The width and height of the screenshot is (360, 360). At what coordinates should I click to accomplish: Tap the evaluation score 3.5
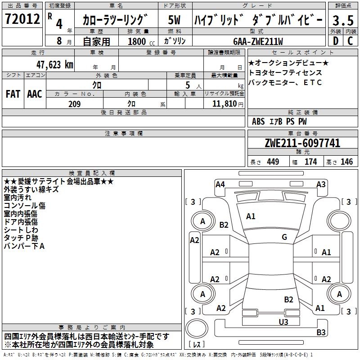(x=342, y=20)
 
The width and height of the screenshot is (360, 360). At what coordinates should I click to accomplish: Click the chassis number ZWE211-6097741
(x=302, y=144)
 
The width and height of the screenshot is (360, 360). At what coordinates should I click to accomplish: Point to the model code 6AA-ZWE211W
(x=258, y=41)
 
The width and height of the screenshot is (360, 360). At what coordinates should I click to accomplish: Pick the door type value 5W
(x=175, y=20)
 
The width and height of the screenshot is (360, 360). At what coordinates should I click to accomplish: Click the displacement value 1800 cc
(x=140, y=41)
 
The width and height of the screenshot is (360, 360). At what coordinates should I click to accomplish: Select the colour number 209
(x=75, y=104)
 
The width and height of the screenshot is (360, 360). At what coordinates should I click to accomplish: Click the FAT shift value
(x=13, y=94)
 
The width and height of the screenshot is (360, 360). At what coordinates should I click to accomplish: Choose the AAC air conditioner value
(x=35, y=94)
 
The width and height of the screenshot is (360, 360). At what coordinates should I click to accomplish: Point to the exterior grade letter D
(x=335, y=41)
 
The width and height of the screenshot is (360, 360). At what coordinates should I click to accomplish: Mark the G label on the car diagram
(x=284, y=237)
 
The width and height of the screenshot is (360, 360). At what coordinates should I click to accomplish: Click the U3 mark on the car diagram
(x=283, y=322)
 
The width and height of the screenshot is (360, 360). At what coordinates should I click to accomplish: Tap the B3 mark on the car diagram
(x=321, y=333)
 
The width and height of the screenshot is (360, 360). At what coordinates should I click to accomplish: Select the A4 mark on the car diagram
(x=220, y=184)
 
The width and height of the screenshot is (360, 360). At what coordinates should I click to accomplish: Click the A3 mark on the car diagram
(x=321, y=184)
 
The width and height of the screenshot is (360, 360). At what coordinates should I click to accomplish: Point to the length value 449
(x=273, y=162)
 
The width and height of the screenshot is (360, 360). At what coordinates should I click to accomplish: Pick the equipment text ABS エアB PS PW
(x=279, y=121)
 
